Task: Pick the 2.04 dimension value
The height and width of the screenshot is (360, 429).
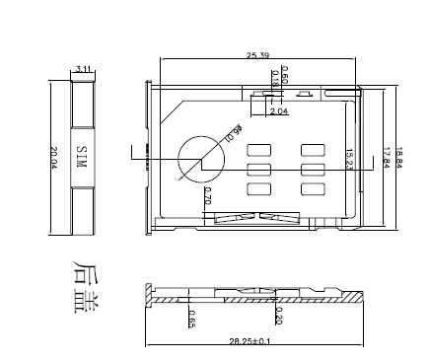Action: coord(279,111)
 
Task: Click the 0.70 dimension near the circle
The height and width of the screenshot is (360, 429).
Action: coord(207,196)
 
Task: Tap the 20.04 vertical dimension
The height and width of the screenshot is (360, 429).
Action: coord(54,158)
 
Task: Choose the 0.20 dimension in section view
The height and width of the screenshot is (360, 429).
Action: coord(279,314)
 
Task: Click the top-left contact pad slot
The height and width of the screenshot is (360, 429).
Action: coord(259,150)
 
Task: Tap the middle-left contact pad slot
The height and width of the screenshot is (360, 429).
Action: coord(259,170)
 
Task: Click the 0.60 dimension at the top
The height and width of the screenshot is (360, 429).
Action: coord(284,75)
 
